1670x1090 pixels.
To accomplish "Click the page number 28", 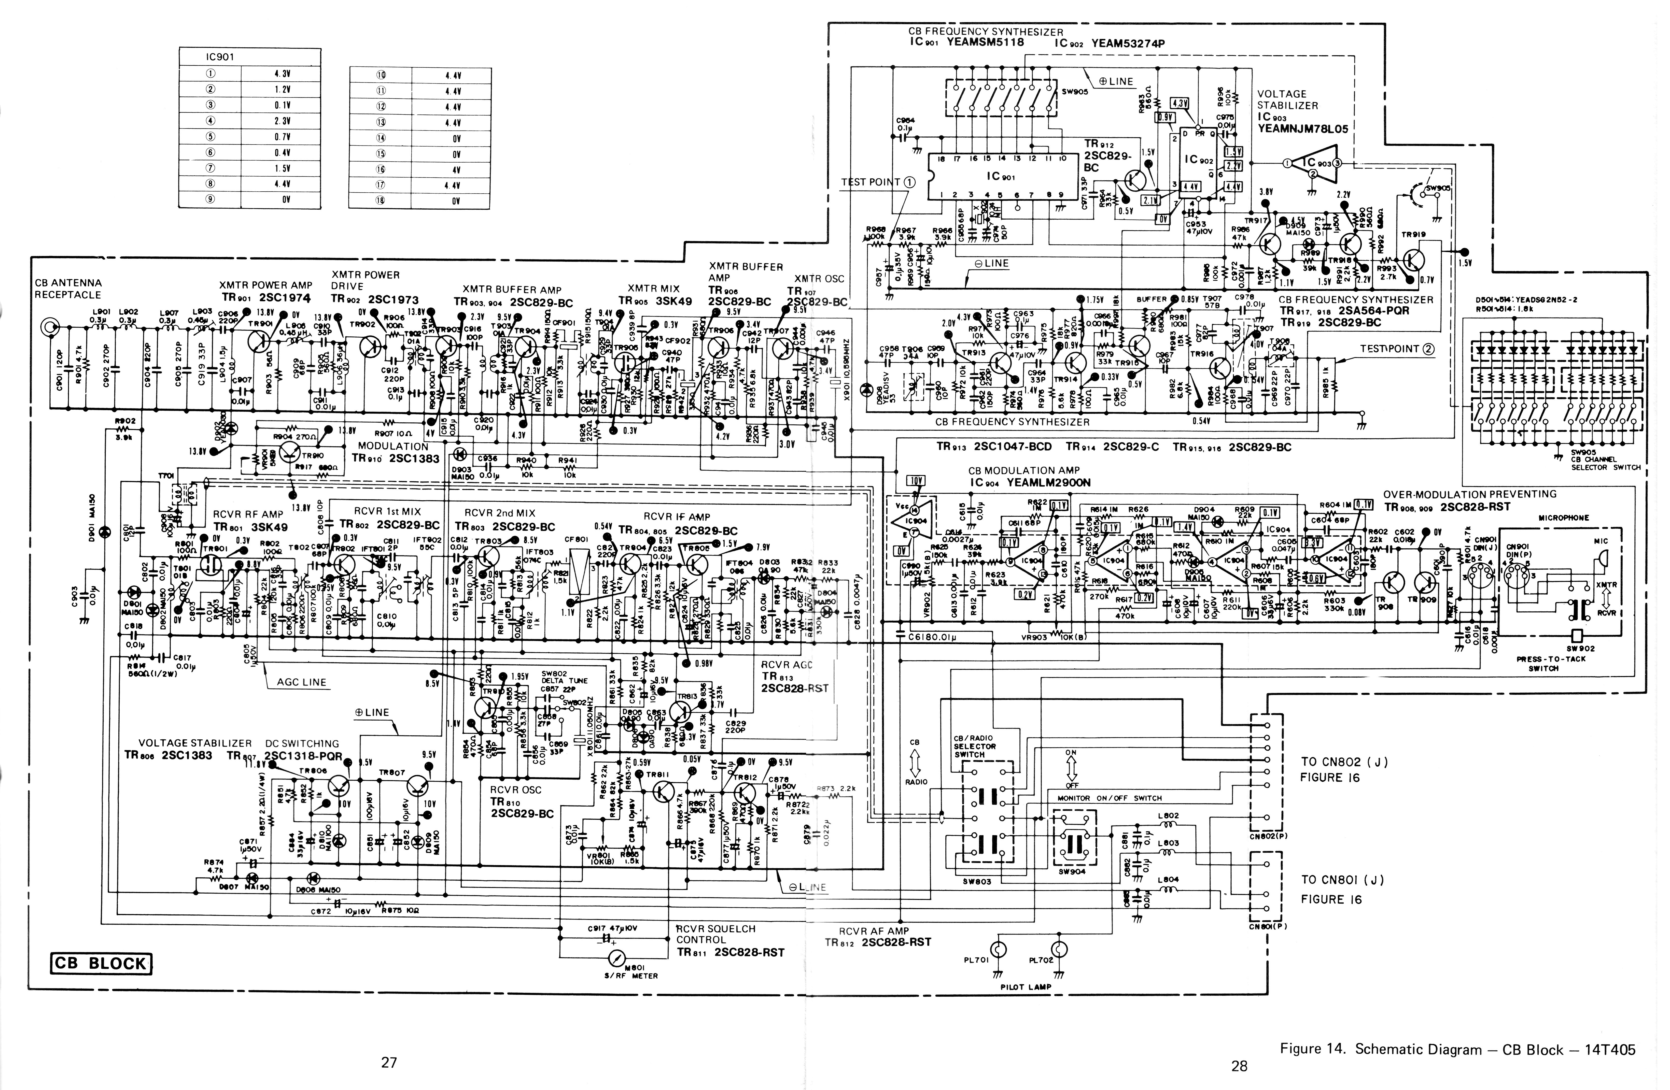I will pyautogui.click(x=1239, y=1066).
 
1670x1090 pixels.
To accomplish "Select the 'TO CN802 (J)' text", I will pyautogui.click(x=1344, y=762).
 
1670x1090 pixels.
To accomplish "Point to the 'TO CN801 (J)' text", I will pyautogui.click(x=1344, y=880).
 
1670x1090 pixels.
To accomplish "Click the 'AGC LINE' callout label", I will pyautogui.click(x=302, y=682).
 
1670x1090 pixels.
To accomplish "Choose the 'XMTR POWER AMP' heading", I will pyautogui.click(x=265, y=285).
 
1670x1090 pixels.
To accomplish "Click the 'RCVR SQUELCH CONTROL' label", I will pyautogui.click(x=716, y=934).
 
